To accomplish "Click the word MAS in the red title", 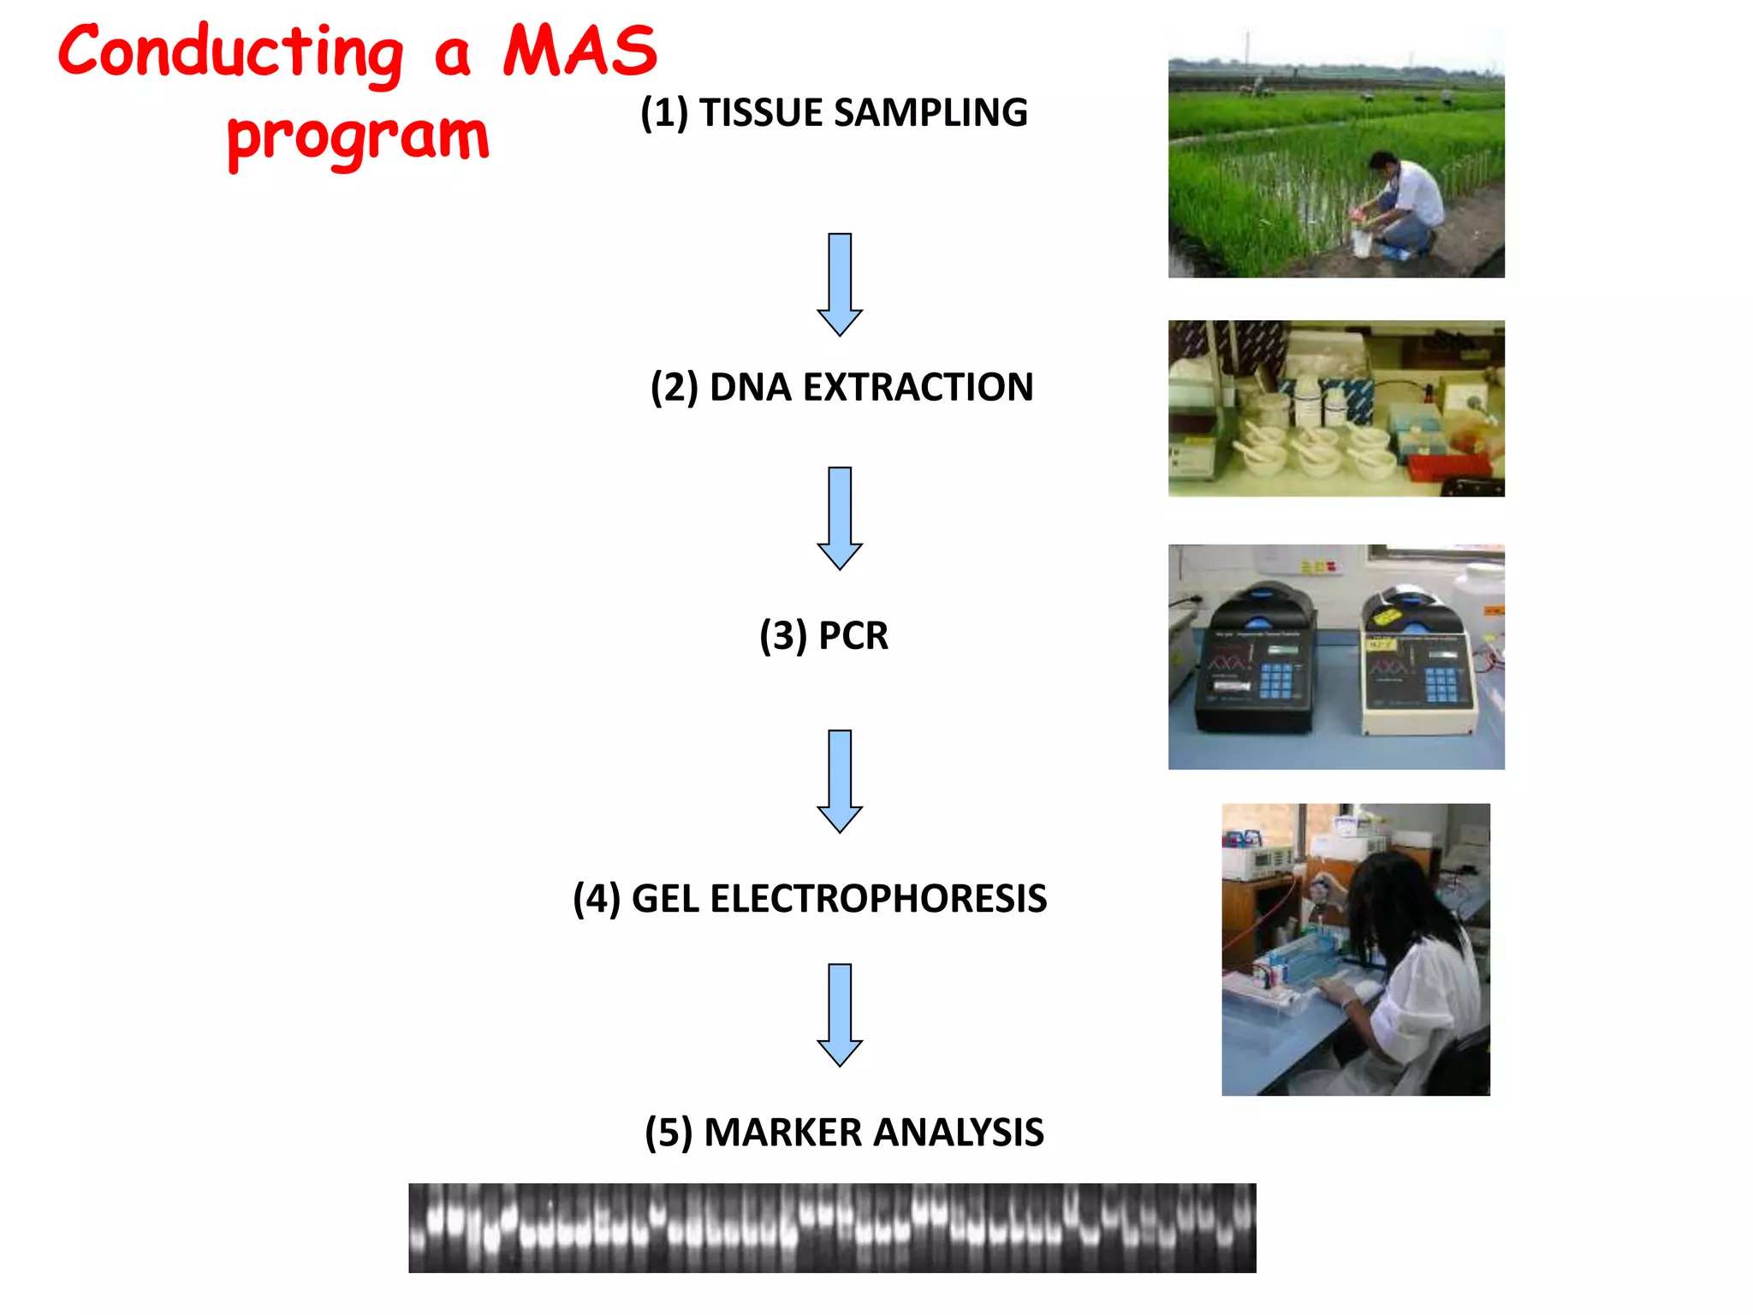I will pyautogui.click(x=579, y=51).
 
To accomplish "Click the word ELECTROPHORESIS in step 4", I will pyautogui.click(x=878, y=899).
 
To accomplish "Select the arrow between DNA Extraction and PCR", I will pyautogui.click(x=840, y=519).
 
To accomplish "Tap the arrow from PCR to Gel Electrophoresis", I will pyautogui.click(x=840, y=782).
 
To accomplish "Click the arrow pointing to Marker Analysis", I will pyautogui.click(x=840, y=1015).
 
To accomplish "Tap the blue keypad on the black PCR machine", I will pyautogui.click(x=1275, y=681).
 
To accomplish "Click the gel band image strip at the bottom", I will pyautogui.click(x=832, y=1228).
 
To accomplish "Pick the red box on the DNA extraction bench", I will pyautogui.click(x=1447, y=467).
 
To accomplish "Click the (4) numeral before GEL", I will pyautogui.click(x=597, y=899).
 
